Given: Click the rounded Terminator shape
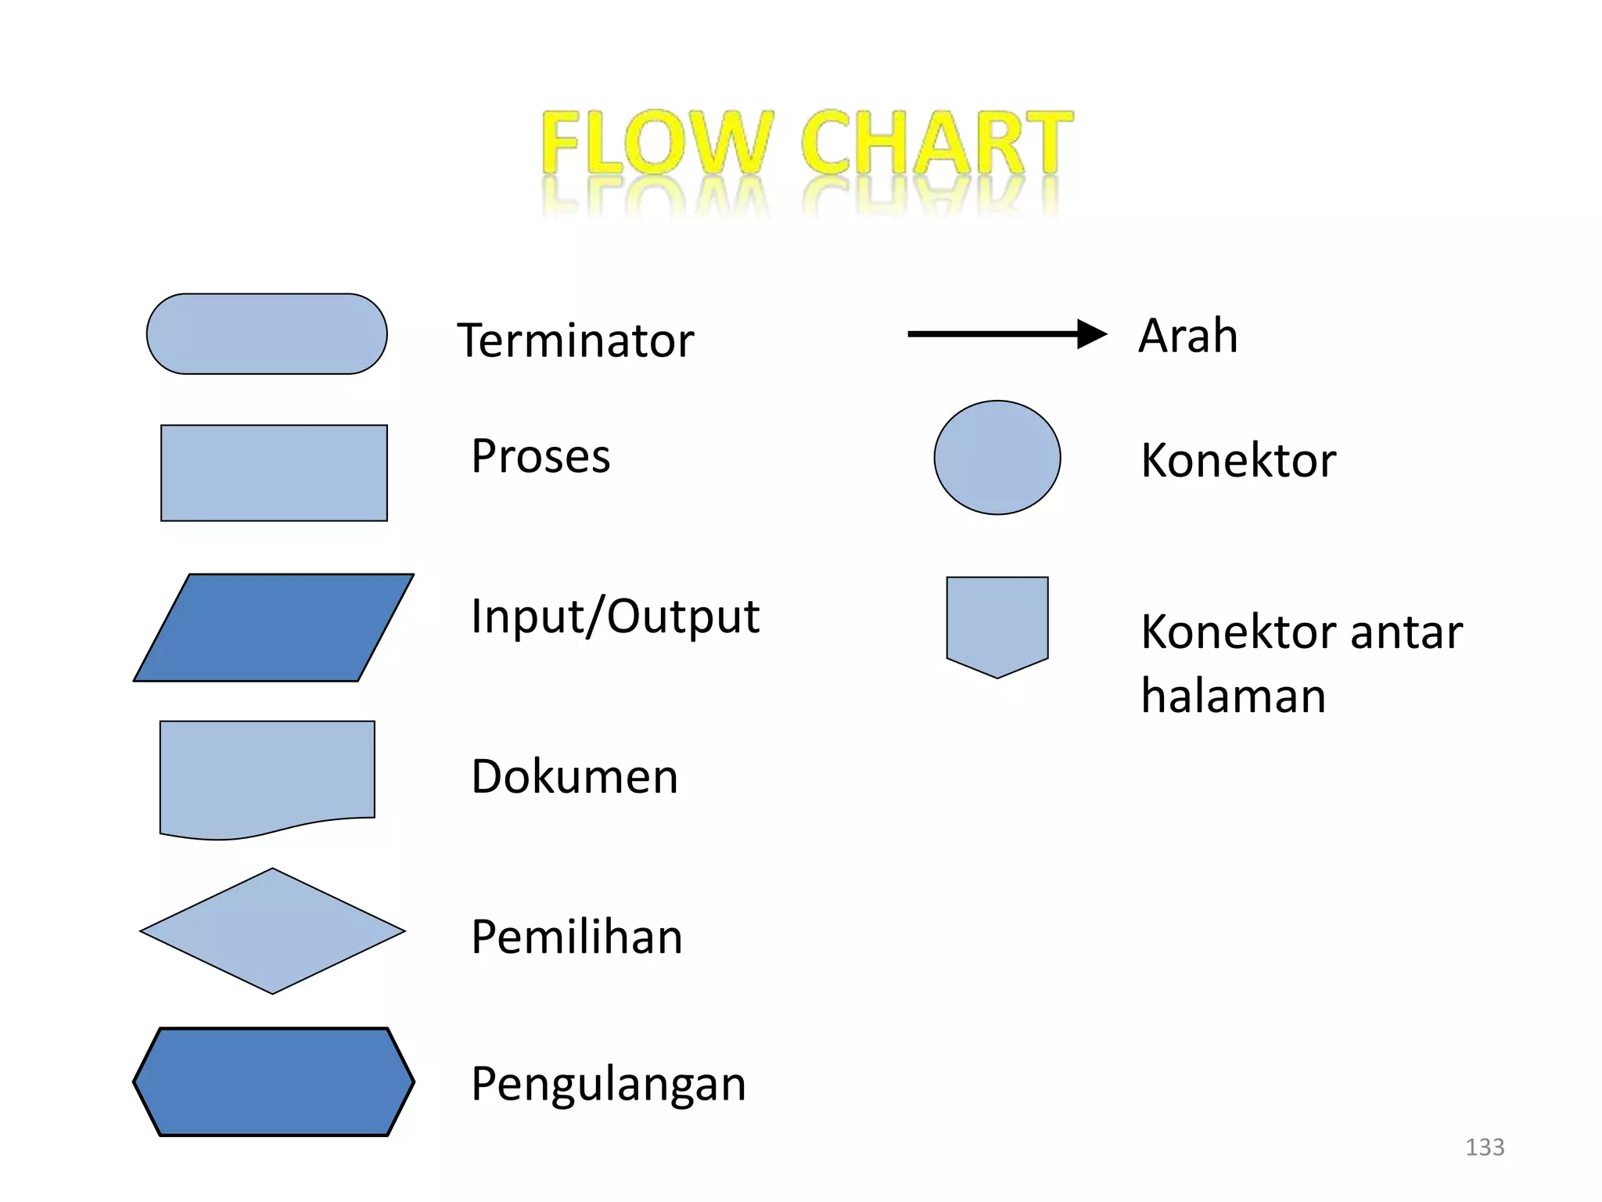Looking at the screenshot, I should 267,334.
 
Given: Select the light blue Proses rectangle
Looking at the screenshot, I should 274,473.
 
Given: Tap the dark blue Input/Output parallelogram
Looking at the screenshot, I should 274,628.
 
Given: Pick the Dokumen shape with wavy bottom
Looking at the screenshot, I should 267,775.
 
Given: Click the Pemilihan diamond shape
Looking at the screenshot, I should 272,931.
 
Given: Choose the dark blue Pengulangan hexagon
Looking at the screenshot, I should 274,1081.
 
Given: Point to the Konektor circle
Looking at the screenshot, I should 997,458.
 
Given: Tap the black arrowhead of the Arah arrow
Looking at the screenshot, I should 1092,334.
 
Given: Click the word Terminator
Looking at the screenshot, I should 575,341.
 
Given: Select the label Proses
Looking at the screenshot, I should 541,456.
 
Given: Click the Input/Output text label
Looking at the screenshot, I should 615,617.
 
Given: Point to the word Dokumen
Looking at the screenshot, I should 574,777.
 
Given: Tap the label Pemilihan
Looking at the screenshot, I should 577,937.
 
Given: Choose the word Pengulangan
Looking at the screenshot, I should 609,1085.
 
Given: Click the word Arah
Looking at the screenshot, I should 1187,336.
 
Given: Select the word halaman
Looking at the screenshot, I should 1233,696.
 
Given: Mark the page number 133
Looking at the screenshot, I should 1485,1147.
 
